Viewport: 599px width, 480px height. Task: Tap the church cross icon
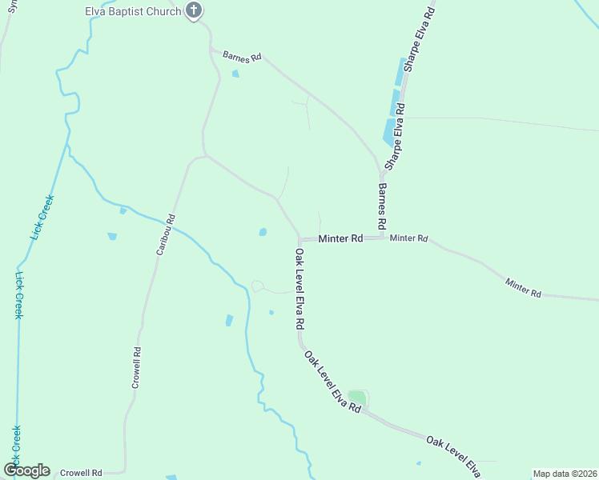193,11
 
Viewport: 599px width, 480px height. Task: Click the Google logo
27,470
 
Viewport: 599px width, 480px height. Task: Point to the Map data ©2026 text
565,474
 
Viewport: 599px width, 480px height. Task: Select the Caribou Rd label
164,234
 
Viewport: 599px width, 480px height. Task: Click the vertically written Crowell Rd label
137,367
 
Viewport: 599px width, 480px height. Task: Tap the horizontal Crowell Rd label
82,473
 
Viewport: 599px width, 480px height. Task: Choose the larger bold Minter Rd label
340,238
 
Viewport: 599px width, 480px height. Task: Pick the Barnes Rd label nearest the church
243,58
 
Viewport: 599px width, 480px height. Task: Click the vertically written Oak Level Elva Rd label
299,290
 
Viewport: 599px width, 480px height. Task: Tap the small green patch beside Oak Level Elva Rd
357,398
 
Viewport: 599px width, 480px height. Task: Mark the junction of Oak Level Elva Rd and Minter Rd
299,238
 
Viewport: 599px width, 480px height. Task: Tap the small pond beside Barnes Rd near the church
235,74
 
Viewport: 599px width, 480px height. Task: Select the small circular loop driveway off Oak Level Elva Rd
258,286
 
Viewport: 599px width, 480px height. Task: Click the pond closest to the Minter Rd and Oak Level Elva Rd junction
263,233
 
